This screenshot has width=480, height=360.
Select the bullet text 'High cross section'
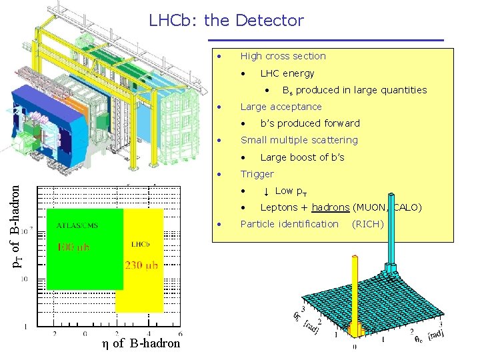click(283, 56)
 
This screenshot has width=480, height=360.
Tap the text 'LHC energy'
click(287, 73)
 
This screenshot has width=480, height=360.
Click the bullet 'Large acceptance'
click(281, 107)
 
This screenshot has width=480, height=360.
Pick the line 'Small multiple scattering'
click(299, 140)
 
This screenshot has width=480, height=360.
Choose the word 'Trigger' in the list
click(257, 174)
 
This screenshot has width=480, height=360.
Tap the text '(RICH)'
click(367, 224)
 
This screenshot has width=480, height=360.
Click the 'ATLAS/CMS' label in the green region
click(77, 225)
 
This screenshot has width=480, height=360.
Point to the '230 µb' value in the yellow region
click(141, 265)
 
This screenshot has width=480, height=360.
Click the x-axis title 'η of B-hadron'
click(141, 343)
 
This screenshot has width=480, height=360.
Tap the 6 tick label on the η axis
click(180, 333)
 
